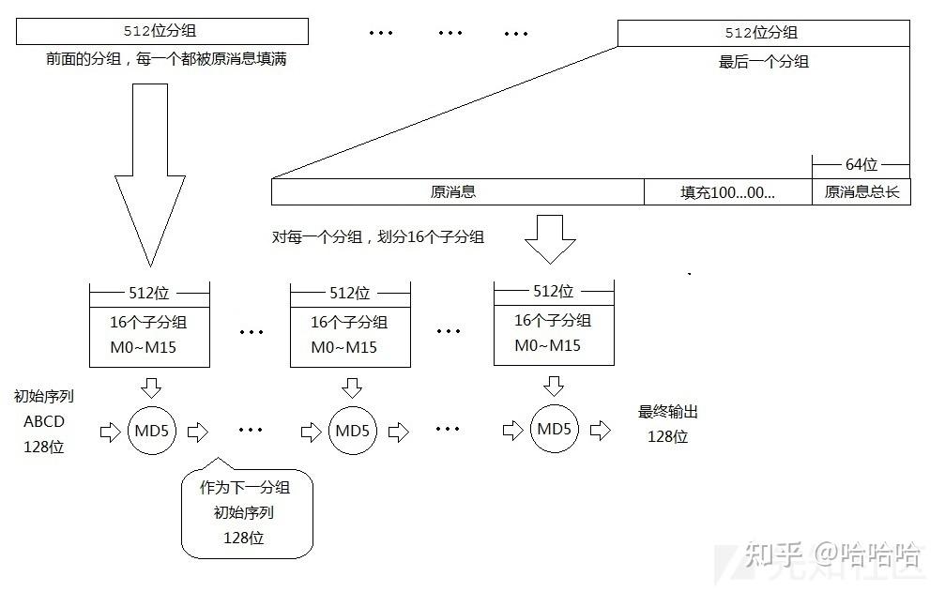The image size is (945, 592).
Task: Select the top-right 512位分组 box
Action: (762, 33)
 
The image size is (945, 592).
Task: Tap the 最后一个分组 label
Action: (763, 62)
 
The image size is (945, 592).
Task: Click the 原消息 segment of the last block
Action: (456, 192)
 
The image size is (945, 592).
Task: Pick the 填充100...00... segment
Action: (727, 192)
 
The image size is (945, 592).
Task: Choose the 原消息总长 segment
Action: (861, 192)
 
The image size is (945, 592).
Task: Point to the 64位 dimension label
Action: (861, 164)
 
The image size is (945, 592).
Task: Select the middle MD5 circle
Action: (353, 432)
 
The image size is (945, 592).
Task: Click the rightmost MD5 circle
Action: (555, 429)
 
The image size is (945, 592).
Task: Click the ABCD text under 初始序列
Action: (43, 421)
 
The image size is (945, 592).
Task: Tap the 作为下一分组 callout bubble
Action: (245, 512)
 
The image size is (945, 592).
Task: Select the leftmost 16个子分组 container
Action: (148, 325)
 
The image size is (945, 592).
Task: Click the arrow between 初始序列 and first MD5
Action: (109, 432)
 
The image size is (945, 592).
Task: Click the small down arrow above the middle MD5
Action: (352, 387)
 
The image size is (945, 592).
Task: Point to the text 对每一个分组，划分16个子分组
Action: (378, 237)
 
